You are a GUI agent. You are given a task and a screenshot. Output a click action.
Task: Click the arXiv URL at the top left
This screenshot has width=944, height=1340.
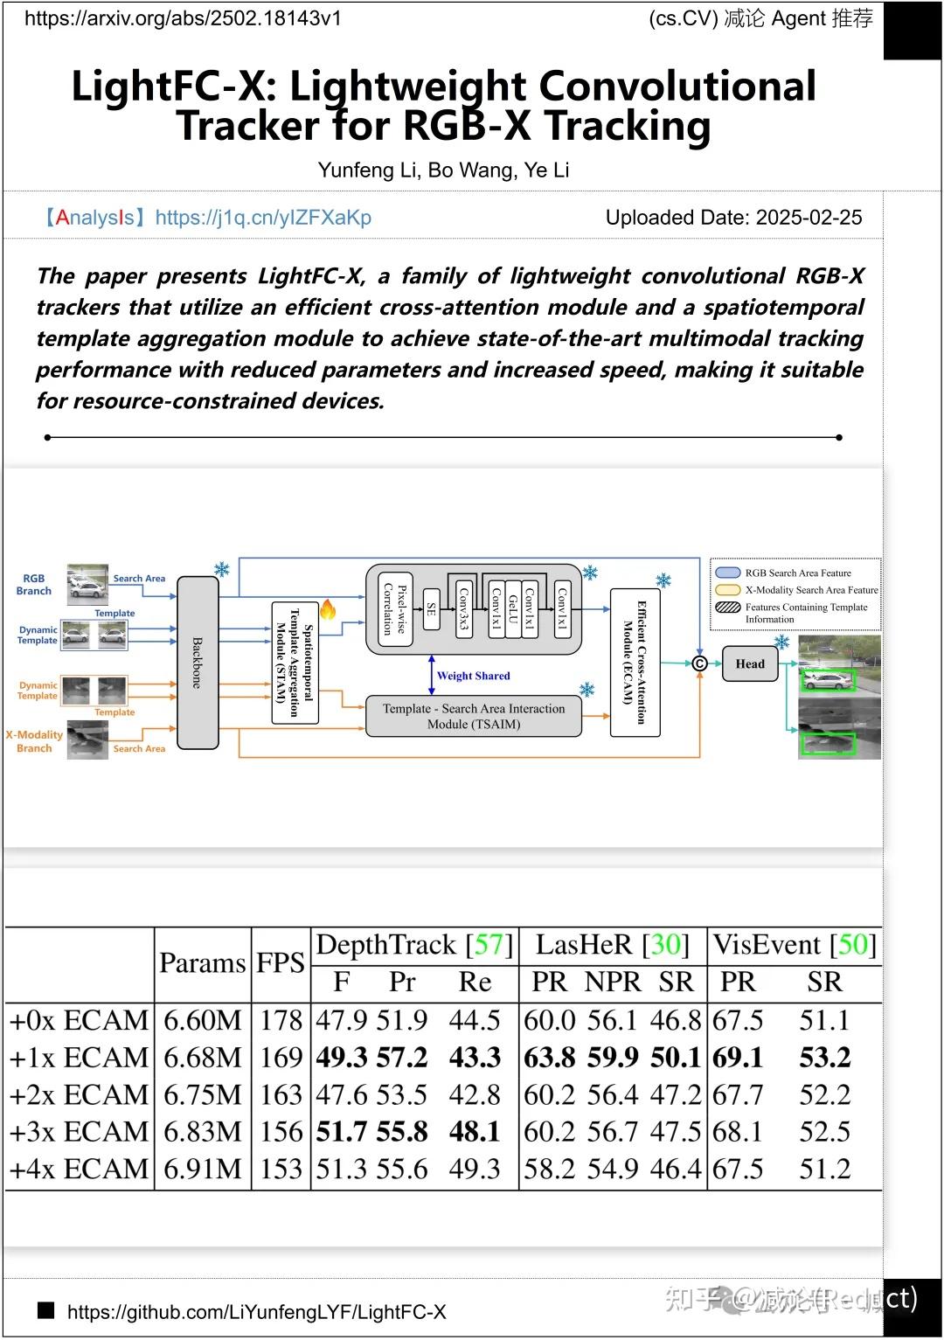(x=183, y=18)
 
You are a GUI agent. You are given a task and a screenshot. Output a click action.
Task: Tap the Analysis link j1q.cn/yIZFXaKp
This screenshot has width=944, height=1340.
(x=262, y=218)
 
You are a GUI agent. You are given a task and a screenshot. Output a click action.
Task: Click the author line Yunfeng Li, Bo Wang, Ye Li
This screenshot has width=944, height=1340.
(x=443, y=170)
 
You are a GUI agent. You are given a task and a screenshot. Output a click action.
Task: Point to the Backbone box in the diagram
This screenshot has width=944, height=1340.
(x=198, y=662)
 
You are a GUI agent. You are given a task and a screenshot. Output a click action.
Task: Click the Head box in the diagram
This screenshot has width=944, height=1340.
(x=749, y=663)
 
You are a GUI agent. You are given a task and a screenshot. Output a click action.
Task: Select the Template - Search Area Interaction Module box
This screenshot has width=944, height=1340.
(x=473, y=716)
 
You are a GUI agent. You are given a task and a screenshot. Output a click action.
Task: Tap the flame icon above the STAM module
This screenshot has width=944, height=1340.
(x=328, y=609)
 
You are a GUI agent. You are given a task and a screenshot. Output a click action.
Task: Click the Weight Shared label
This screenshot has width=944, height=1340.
(x=473, y=676)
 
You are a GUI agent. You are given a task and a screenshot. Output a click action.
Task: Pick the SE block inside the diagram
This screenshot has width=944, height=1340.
(x=431, y=609)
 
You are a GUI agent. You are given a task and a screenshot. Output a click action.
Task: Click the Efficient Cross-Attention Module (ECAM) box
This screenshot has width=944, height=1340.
(x=635, y=662)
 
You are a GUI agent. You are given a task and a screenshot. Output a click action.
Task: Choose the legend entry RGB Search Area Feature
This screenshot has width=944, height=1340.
(x=797, y=573)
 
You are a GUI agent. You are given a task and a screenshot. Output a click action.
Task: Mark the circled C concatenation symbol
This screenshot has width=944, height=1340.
(x=699, y=663)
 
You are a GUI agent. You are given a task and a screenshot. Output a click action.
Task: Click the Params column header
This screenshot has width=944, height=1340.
(x=202, y=963)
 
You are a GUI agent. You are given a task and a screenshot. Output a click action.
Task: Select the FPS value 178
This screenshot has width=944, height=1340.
(x=281, y=1020)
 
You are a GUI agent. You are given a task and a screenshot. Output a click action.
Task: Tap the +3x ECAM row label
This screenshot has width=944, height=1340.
(x=79, y=1132)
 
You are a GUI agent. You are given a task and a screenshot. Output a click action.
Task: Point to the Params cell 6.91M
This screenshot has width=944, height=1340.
(x=202, y=1169)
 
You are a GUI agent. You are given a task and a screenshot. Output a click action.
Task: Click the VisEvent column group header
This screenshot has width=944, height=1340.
(x=795, y=945)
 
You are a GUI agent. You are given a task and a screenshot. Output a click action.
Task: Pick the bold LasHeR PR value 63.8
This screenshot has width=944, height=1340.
(x=549, y=1058)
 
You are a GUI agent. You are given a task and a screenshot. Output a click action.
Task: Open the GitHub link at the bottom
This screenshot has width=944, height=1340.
(x=256, y=1311)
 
